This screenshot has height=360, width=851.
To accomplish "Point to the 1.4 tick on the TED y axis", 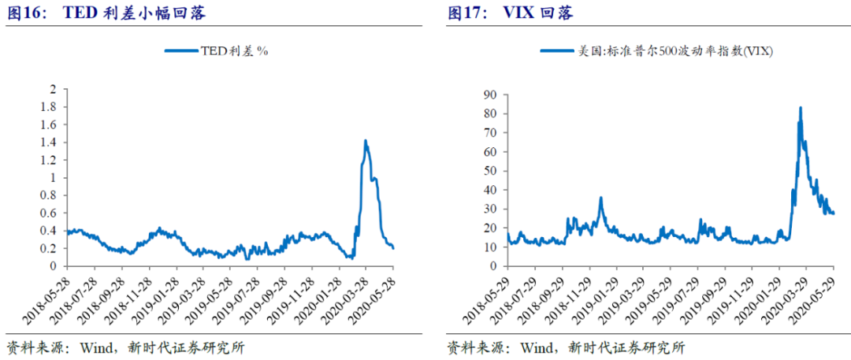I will click(50, 143).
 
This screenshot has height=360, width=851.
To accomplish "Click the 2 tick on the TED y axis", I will click(54, 89).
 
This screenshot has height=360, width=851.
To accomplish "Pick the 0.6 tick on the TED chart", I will click(50, 213).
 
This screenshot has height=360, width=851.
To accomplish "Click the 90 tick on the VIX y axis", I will click(490, 94).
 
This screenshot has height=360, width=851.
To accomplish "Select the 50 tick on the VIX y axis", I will click(490, 170).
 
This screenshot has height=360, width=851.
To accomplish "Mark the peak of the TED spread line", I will click(366, 141).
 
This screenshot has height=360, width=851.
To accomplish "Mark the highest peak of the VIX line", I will click(801, 108).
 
